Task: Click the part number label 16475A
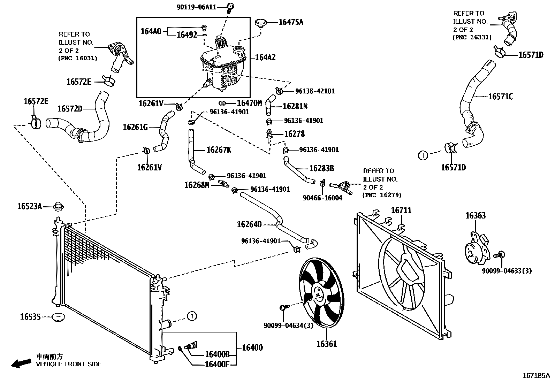[x=291, y=22]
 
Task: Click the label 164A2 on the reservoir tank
[x=265, y=58]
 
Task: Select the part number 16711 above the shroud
[x=401, y=210]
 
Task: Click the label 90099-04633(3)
[x=507, y=271]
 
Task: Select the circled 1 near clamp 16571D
[x=423, y=155]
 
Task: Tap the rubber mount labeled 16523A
[x=59, y=206]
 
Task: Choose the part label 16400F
[x=217, y=364]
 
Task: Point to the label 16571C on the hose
[x=501, y=97]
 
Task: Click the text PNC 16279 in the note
[x=382, y=195]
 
